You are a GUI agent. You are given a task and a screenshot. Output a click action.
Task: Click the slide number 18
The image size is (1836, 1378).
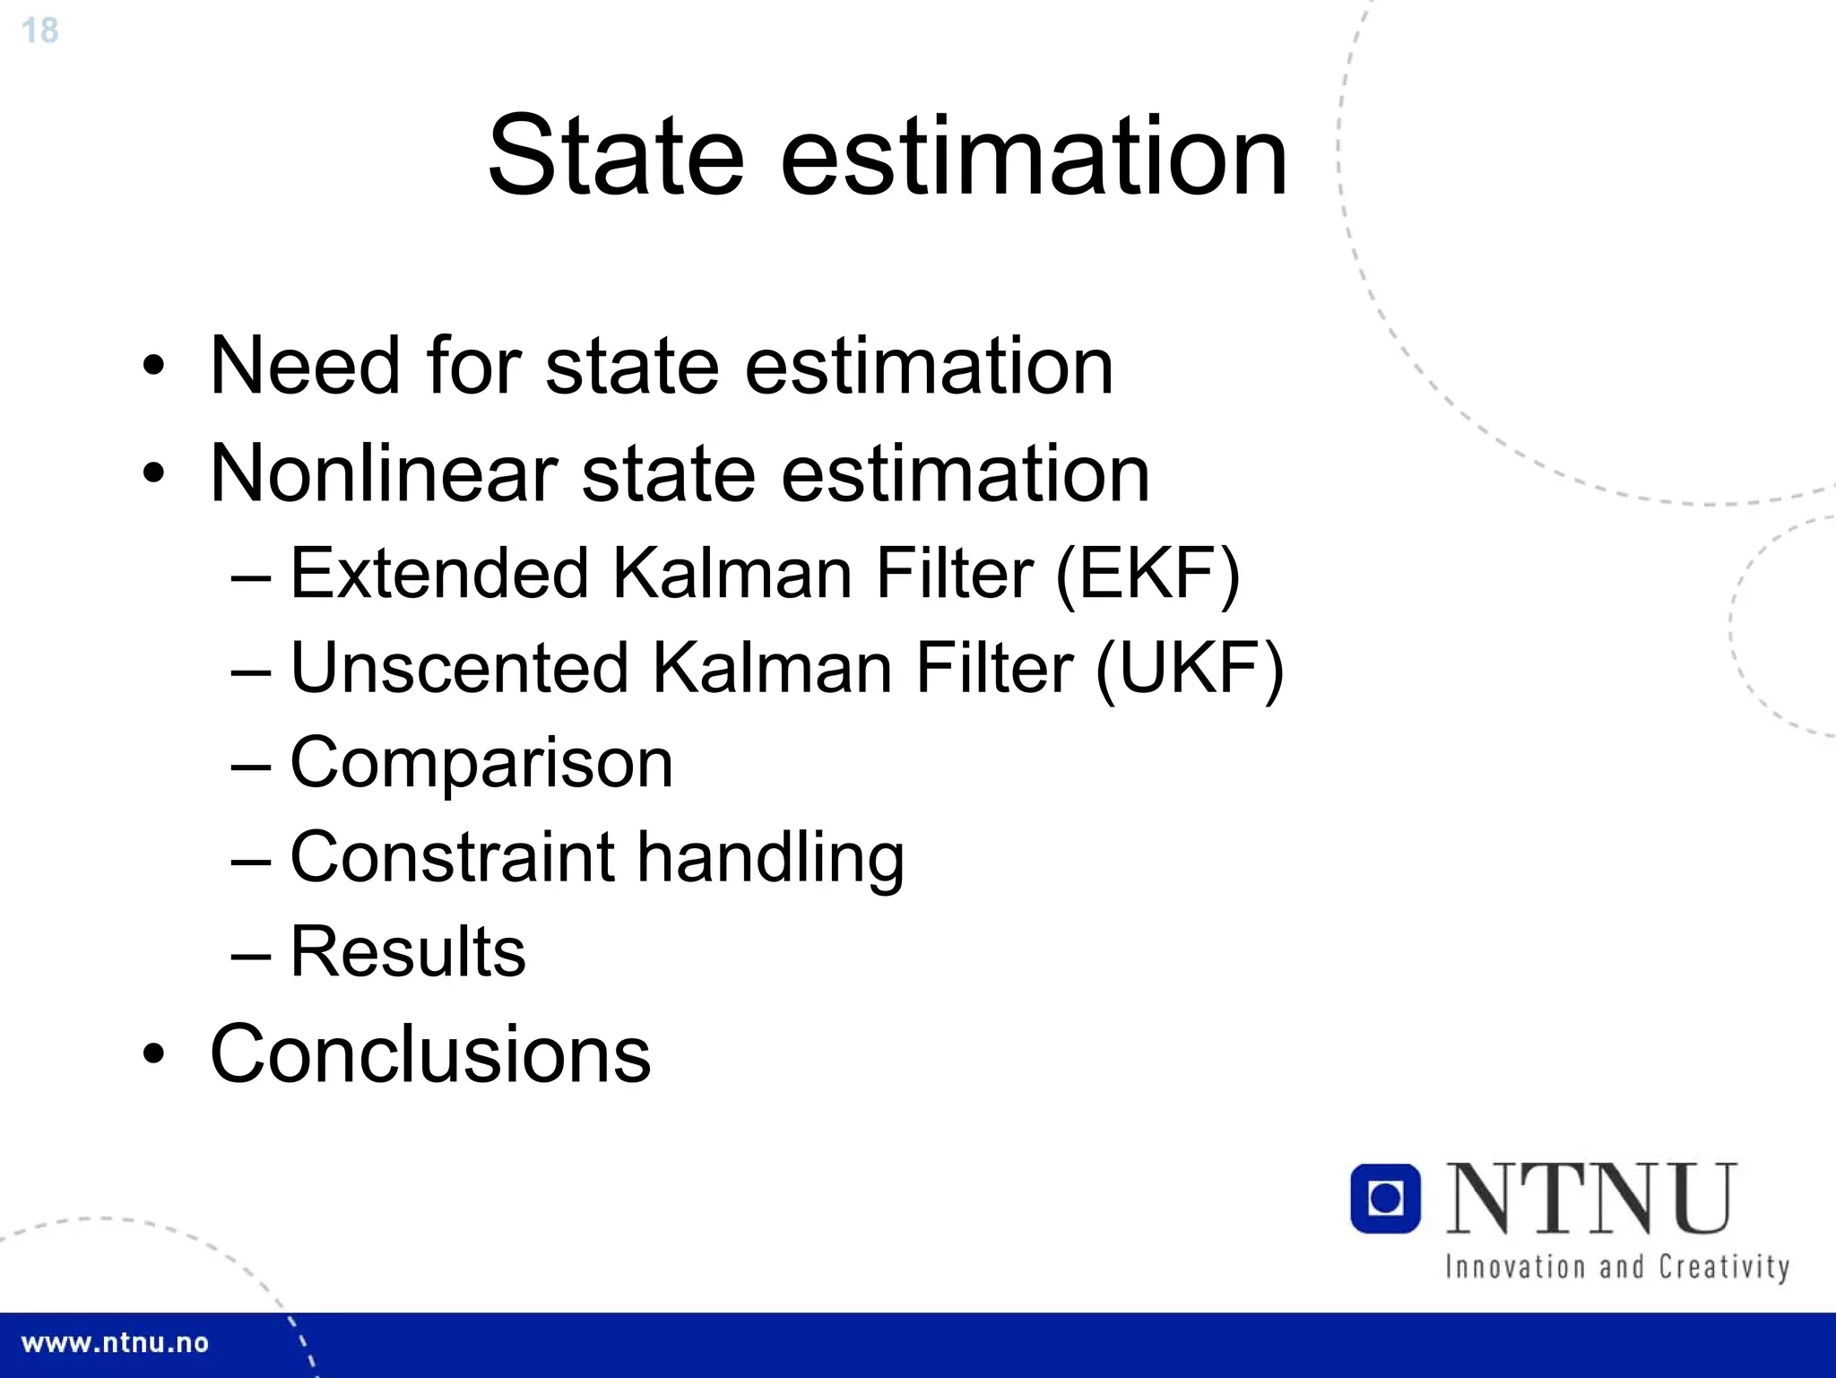pyautogui.click(x=39, y=30)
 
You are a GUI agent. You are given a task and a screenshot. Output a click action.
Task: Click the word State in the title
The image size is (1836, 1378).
pyautogui.click(x=615, y=156)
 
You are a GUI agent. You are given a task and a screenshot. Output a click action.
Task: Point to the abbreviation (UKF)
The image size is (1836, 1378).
pyautogui.click(x=1190, y=668)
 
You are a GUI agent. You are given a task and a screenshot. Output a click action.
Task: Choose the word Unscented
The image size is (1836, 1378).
pyautogui.click(x=459, y=668)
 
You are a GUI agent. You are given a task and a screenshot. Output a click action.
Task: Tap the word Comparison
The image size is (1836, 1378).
pyautogui.click(x=481, y=763)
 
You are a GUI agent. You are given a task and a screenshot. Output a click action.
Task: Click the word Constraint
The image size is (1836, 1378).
pyautogui.click(x=452, y=857)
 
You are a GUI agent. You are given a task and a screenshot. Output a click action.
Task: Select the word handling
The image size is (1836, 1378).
pyautogui.click(x=771, y=859)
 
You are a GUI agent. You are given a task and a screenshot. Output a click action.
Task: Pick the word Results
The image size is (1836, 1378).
pyautogui.click(x=408, y=951)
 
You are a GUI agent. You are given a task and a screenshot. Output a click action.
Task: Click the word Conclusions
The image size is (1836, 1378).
pyautogui.click(x=430, y=1054)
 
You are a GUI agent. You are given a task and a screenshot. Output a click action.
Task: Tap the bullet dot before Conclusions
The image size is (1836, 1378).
pyautogui.click(x=154, y=1055)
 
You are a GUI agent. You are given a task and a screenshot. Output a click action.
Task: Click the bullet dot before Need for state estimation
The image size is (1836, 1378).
pyautogui.click(x=154, y=367)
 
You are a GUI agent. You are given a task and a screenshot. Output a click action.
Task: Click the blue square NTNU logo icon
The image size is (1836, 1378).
pyautogui.click(x=1385, y=1199)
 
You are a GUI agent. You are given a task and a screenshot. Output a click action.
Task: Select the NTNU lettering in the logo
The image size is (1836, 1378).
pyautogui.click(x=1591, y=1199)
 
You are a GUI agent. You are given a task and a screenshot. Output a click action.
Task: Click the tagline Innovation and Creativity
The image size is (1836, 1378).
pyautogui.click(x=1617, y=1267)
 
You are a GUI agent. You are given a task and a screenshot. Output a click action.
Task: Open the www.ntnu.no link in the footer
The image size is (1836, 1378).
pyautogui.click(x=115, y=1343)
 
